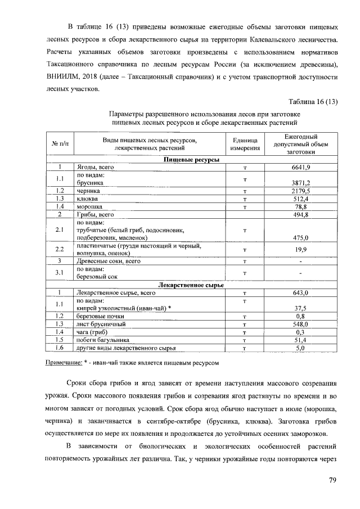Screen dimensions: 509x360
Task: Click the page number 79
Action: [332, 480]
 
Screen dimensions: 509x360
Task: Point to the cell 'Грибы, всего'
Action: [95, 214]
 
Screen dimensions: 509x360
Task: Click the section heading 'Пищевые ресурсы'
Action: [191, 160]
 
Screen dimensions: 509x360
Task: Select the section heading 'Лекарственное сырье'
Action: [191, 285]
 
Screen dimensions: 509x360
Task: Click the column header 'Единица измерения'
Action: [245, 144]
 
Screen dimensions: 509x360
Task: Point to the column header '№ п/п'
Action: [60, 144]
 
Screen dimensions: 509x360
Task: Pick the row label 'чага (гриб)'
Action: [92, 332]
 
